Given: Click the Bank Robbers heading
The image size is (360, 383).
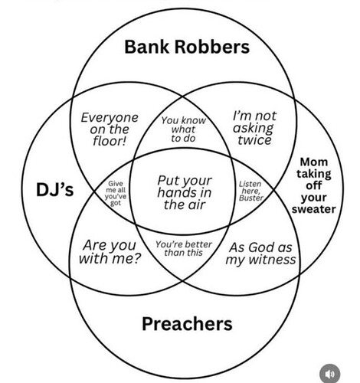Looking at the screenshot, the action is [x=187, y=47].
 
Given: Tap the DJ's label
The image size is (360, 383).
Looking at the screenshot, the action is [x=55, y=190].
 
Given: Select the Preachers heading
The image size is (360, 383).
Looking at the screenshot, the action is [x=187, y=324].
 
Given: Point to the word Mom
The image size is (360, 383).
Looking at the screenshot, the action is [x=313, y=162].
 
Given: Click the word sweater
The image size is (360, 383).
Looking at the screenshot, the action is [x=313, y=209].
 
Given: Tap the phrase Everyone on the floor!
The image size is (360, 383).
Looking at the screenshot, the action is [x=110, y=129].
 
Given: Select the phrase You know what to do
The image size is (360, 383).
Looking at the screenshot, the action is [x=183, y=129].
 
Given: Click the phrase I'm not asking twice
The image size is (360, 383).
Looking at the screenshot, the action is [x=254, y=128].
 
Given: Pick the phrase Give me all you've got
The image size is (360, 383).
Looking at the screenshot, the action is [x=116, y=193].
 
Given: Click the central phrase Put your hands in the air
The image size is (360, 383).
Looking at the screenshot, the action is [x=185, y=192].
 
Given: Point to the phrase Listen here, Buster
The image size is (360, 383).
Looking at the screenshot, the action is [x=250, y=191].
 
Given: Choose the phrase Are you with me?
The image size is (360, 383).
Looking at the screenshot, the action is [x=110, y=252].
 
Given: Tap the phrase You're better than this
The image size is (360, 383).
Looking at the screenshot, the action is [x=184, y=248].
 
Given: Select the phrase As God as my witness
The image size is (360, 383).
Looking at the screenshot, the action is [x=260, y=254].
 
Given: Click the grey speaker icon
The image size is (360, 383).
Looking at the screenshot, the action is [x=330, y=374].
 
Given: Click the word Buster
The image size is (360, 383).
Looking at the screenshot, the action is [x=251, y=198].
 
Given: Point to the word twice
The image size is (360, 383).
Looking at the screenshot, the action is [x=254, y=140].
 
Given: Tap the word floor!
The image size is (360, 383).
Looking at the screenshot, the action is [x=110, y=141].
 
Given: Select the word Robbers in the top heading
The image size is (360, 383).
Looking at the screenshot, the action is [x=211, y=47].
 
